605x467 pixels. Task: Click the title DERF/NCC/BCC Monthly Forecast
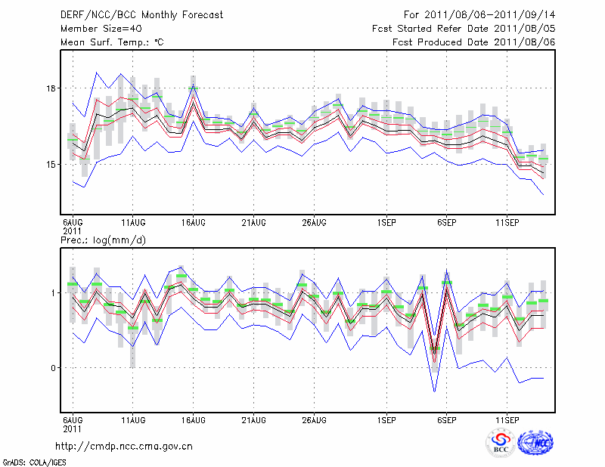(141, 15)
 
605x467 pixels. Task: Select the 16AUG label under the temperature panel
(193, 222)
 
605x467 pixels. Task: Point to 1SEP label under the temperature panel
(386, 222)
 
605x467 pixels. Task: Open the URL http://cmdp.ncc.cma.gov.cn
(124, 446)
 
